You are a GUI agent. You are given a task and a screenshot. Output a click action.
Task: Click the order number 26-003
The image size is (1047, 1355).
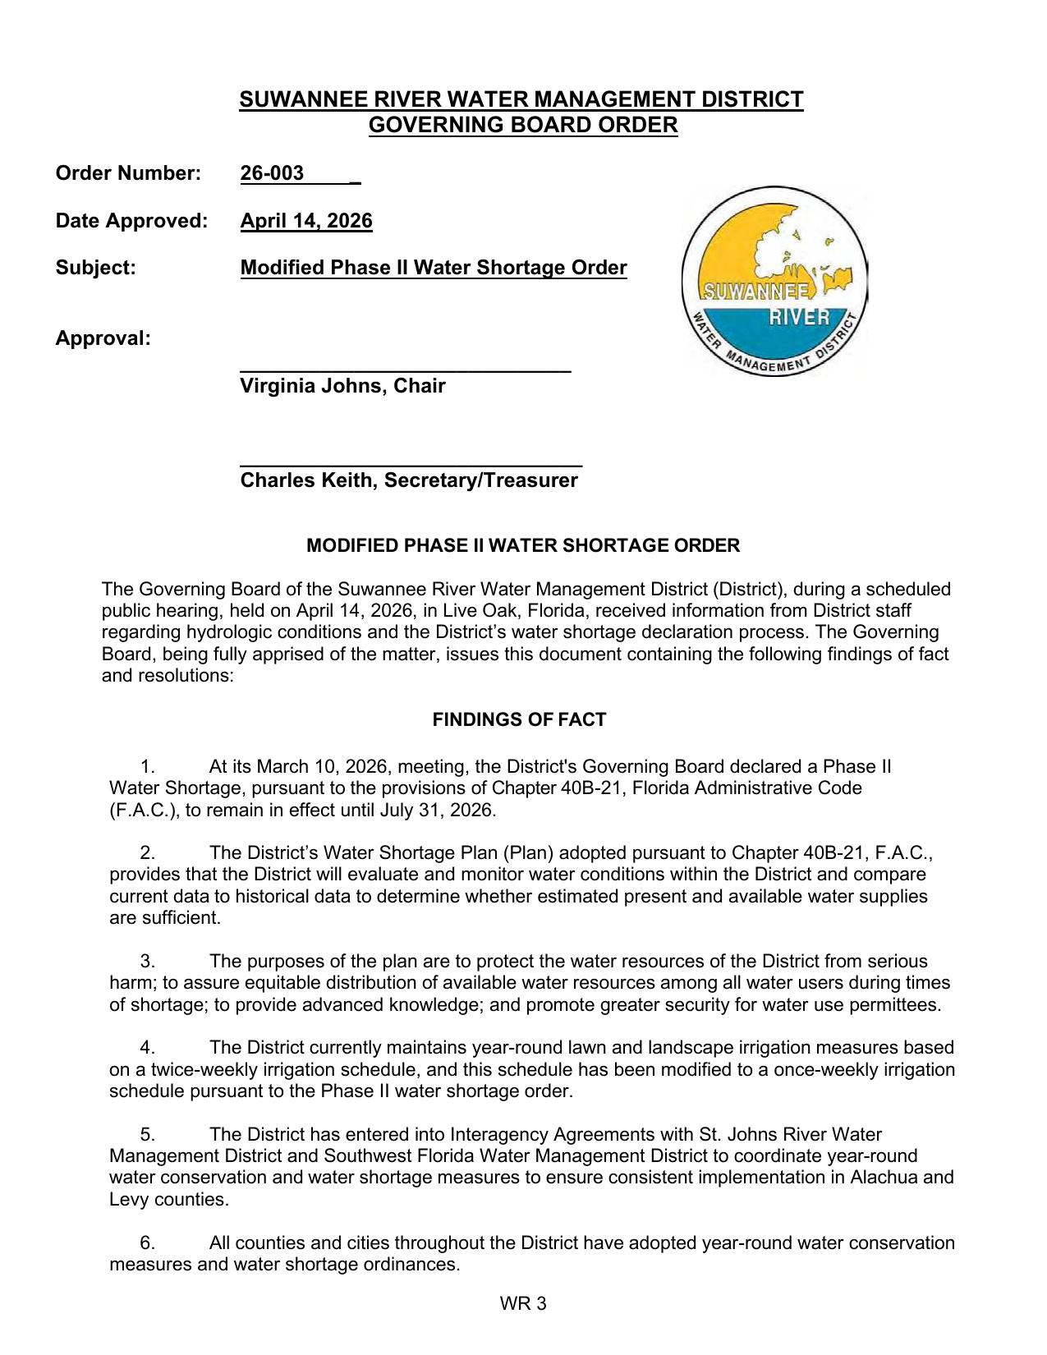coord(273,173)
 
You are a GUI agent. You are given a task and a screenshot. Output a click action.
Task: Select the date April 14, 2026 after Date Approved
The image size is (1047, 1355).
coord(305,221)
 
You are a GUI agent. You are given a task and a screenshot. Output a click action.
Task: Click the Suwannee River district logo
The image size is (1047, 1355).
coord(774,281)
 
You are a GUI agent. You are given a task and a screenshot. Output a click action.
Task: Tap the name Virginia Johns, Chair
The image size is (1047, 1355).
coord(342,386)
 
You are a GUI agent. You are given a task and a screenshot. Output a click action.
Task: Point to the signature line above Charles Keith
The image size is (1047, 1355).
coord(411,465)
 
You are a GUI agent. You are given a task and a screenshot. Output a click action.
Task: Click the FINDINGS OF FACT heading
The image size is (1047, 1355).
coord(519,720)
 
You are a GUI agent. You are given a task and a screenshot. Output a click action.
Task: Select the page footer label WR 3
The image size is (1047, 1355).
coord(523,1303)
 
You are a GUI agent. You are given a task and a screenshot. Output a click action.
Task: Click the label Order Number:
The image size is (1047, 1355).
coord(127,173)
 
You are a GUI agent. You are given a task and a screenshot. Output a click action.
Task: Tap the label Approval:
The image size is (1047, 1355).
coord(103,338)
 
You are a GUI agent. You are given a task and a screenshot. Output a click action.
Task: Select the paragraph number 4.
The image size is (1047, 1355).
coord(147,1048)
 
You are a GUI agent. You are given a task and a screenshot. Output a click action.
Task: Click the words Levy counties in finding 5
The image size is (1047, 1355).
coord(168,1200)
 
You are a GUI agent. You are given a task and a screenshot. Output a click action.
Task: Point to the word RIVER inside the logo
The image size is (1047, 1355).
coord(798,317)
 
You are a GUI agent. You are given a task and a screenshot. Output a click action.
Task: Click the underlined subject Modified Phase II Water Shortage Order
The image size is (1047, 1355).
coord(433,269)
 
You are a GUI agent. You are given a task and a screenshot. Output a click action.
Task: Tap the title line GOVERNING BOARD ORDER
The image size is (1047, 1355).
coord(522,126)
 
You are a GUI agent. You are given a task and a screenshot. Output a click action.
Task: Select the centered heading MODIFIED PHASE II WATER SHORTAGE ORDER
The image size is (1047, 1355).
coord(522,546)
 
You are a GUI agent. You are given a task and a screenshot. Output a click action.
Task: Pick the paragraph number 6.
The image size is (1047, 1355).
coord(147,1243)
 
